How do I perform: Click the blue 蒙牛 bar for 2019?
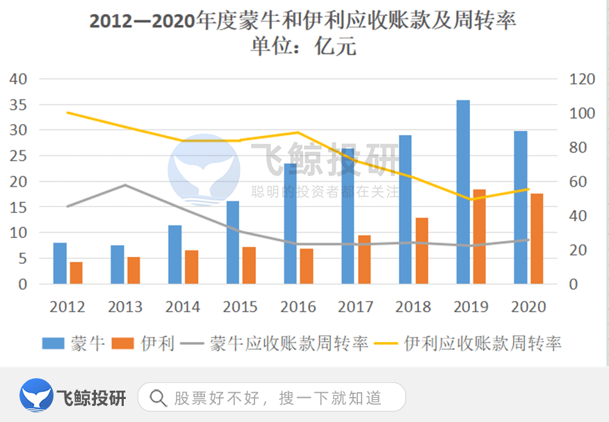(x=463, y=192)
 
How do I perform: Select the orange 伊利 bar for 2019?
(x=480, y=237)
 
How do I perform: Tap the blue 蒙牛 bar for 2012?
(x=60, y=263)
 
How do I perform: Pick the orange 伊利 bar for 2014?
(x=192, y=267)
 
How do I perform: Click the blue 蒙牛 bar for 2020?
(x=521, y=208)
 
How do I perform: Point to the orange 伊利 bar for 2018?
(x=422, y=251)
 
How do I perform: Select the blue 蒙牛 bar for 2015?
(x=233, y=242)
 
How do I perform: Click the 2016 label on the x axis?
(x=298, y=306)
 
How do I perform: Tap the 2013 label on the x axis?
(x=125, y=306)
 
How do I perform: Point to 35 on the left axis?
(x=18, y=104)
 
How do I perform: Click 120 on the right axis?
(x=582, y=79)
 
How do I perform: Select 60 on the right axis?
(x=578, y=182)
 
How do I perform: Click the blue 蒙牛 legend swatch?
(x=54, y=343)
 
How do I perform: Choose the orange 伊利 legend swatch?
(x=123, y=343)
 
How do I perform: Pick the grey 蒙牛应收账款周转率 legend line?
(x=193, y=343)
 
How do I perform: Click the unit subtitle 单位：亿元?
(x=304, y=47)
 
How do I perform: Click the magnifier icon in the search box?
(x=159, y=398)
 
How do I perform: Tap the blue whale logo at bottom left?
(x=36, y=396)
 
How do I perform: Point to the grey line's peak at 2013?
(x=125, y=185)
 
